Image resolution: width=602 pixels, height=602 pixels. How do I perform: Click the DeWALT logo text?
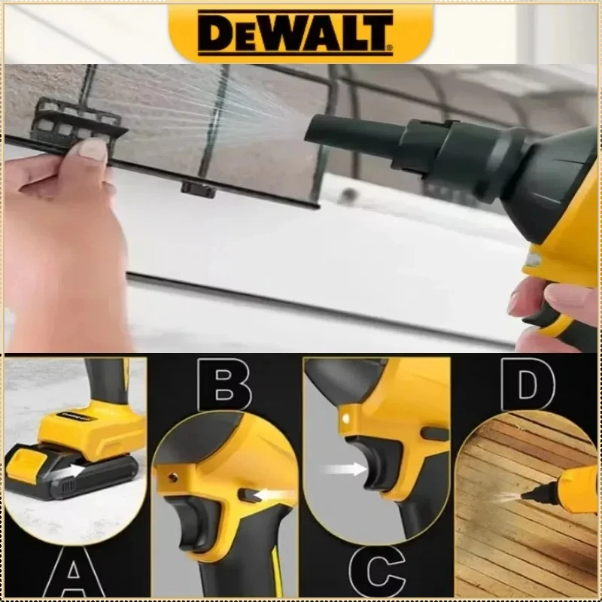(295, 33)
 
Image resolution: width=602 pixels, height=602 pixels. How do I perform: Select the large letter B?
(224, 385)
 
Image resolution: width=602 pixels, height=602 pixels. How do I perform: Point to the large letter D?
(528, 385)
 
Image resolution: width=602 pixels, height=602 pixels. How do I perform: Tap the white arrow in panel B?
(272, 496)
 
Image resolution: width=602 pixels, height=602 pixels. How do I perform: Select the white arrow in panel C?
(345, 469)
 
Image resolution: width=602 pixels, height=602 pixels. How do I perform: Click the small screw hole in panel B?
(173, 478)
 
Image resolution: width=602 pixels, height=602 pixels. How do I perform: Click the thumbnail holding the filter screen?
(92, 150)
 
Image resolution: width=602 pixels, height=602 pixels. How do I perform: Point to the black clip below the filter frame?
(199, 190)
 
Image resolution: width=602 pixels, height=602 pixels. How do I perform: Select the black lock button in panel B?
(249, 496)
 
